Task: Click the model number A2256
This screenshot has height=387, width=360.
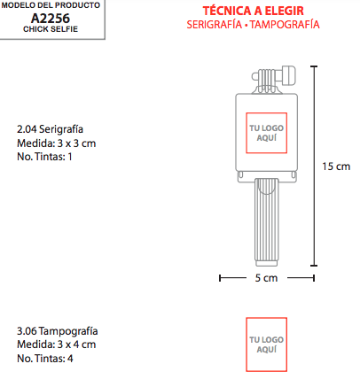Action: (51, 19)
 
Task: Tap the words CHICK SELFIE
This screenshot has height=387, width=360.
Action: (51, 29)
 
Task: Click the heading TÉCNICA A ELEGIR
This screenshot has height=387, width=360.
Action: (253, 11)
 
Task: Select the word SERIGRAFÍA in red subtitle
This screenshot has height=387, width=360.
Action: (215, 25)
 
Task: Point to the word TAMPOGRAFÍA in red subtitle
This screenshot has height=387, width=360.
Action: (285, 25)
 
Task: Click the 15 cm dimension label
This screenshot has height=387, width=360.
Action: (336, 166)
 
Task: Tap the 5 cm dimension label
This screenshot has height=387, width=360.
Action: (266, 278)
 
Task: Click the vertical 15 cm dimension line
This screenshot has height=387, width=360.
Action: (314, 166)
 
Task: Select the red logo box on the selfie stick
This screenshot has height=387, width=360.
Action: (247, 133)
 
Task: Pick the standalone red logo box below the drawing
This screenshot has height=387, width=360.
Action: (247, 344)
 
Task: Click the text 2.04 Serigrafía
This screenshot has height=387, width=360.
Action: (50, 129)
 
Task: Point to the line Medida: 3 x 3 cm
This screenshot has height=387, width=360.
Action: (57, 143)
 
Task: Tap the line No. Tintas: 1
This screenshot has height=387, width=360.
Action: (44, 157)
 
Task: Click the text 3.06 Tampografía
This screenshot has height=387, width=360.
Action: (58, 331)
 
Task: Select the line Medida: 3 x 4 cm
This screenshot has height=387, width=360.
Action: (57, 344)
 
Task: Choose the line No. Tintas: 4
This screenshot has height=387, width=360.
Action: (45, 359)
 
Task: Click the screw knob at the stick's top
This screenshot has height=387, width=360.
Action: (288, 76)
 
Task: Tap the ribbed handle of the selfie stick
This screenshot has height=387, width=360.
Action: (267, 220)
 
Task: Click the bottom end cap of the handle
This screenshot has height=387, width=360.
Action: (267, 263)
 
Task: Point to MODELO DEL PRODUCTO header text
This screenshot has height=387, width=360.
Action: (51, 5)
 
